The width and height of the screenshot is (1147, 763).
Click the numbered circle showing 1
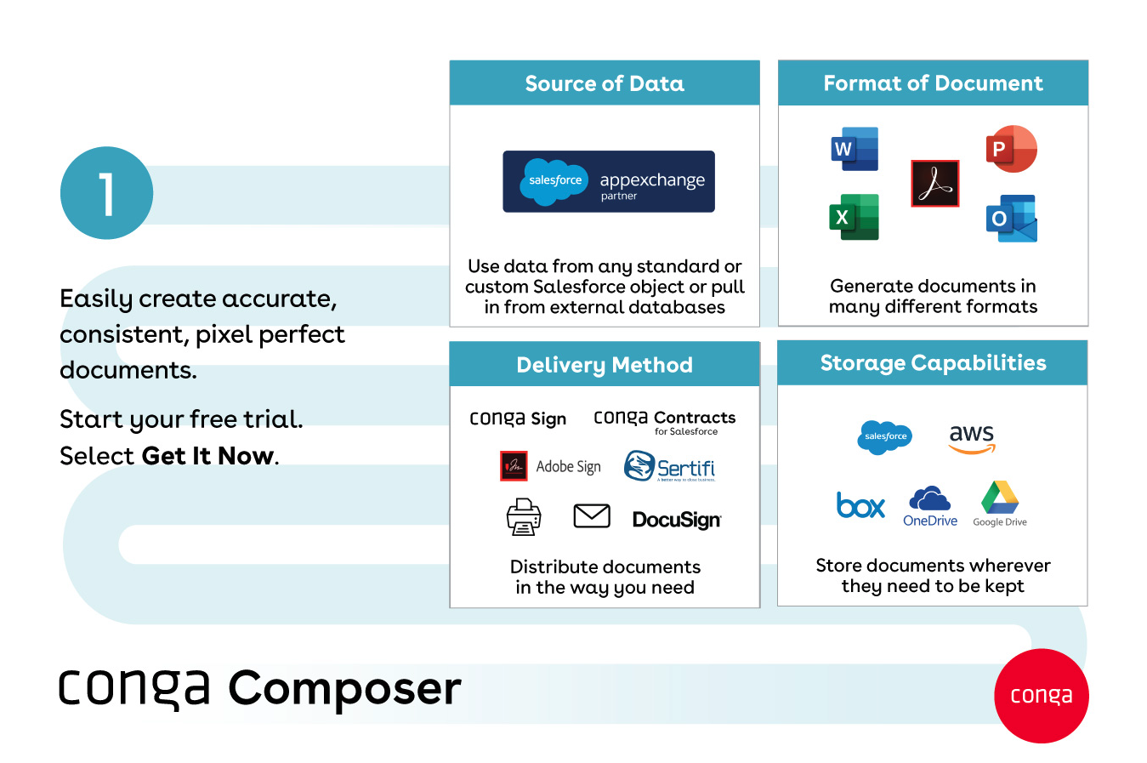(107, 193)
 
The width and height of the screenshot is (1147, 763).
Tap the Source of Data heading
(605, 83)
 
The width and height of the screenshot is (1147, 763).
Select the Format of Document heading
(933, 83)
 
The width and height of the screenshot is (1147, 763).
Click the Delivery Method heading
(605, 365)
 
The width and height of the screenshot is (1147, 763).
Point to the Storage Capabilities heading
(933, 363)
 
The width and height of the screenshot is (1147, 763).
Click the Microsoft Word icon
(855, 149)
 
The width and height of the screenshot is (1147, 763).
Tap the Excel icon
(854, 217)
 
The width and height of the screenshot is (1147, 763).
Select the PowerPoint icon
(1011, 149)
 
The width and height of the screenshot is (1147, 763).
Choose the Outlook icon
(1011, 219)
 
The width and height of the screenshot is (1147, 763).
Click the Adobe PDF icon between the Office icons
(934, 183)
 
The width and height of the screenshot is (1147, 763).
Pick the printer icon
(524, 516)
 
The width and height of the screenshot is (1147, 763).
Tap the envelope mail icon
(592, 515)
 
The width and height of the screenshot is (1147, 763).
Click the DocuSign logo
(677, 520)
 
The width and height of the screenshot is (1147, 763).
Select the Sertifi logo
(670, 467)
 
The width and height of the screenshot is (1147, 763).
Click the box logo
(860, 505)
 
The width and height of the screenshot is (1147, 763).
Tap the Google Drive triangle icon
(1000, 498)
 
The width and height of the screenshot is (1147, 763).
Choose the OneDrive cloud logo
(930, 499)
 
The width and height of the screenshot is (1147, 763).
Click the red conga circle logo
(1042, 696)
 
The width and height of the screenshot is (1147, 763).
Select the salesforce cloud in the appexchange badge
(554, 181)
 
